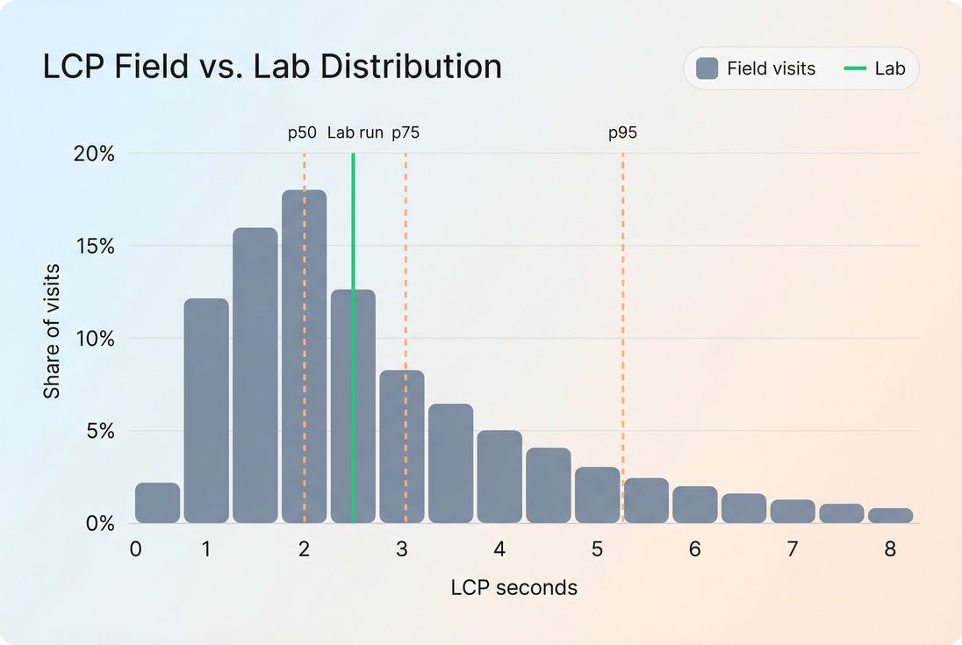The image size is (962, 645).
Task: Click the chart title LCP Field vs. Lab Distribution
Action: point(272,68)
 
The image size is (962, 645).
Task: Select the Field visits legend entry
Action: point(756,68)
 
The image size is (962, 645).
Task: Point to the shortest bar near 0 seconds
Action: point(157,504)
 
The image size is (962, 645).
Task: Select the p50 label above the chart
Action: point(302,133)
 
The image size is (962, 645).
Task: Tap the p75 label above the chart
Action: point(406,133)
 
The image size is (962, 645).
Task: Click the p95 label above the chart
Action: point(622,133)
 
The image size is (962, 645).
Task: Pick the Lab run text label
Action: point(355,133)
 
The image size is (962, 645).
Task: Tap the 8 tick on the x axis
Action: point(890,549)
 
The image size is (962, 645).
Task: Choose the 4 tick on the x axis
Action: point(499,549)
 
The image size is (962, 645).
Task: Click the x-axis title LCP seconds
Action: point(514,588)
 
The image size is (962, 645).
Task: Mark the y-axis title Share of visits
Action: point(53,331)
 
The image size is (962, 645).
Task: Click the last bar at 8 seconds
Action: point(890,516)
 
